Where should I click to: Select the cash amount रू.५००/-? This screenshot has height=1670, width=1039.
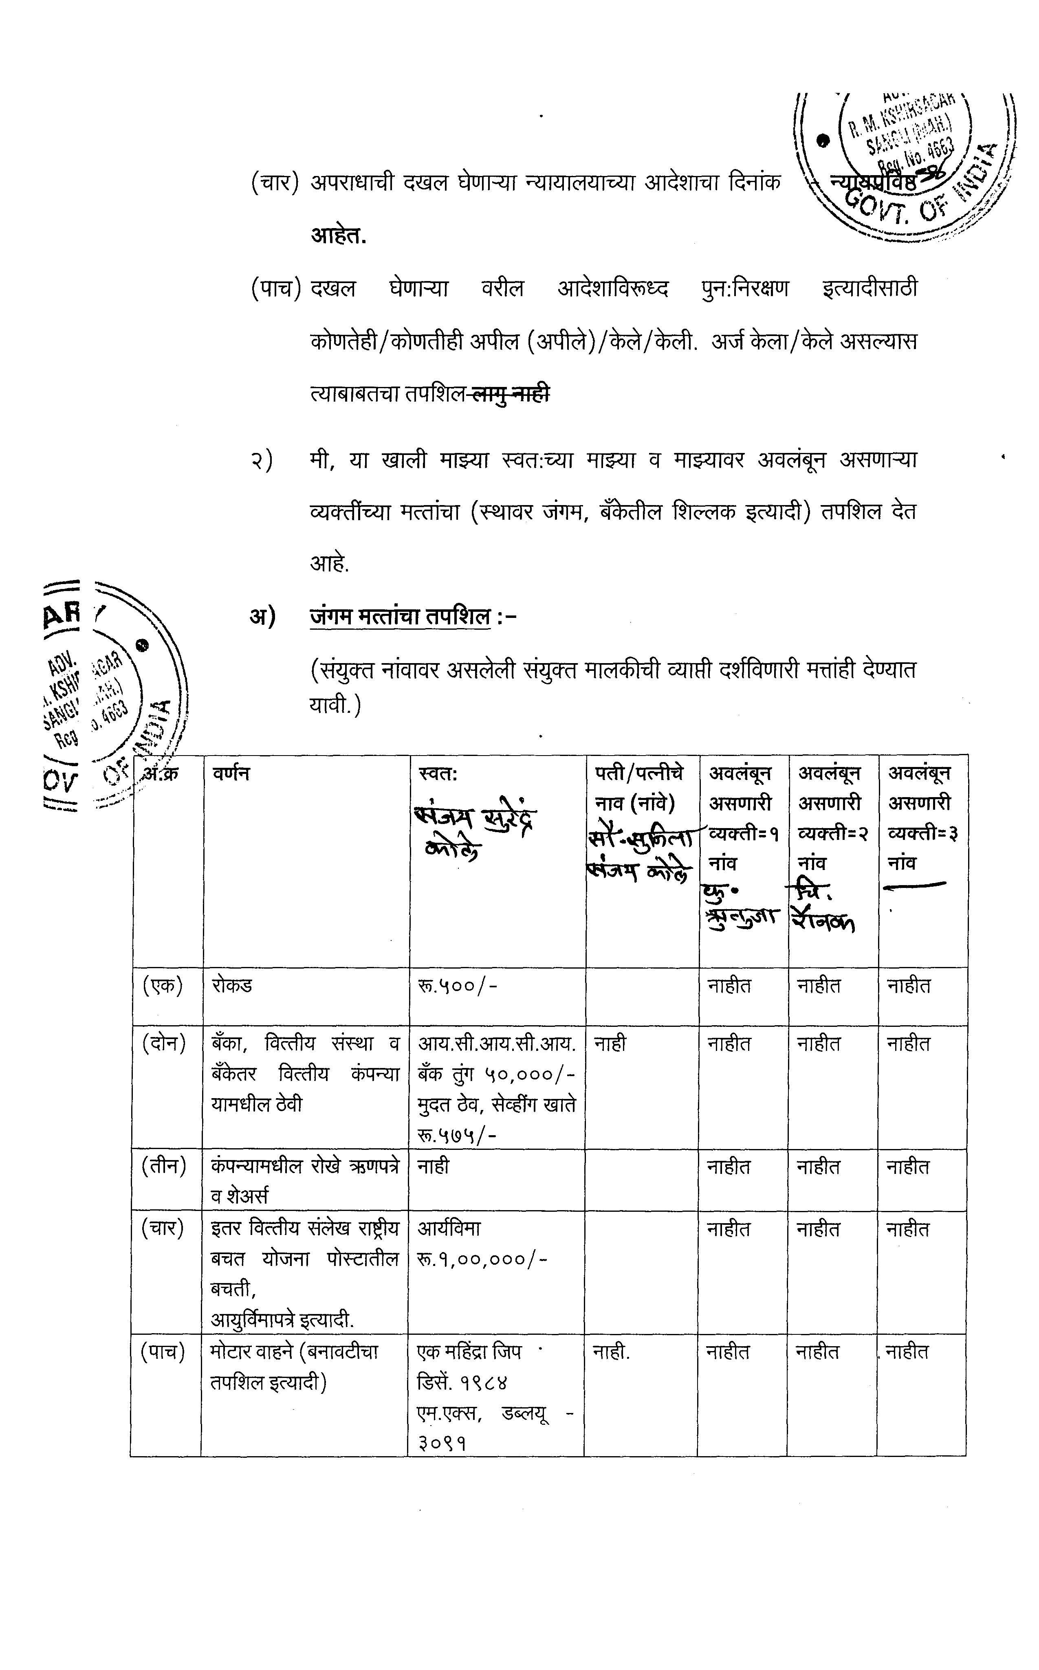coord(457,986)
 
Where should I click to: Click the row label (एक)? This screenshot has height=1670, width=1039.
coord(163,986)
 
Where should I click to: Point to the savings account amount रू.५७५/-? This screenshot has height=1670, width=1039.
coord(457,1134)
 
